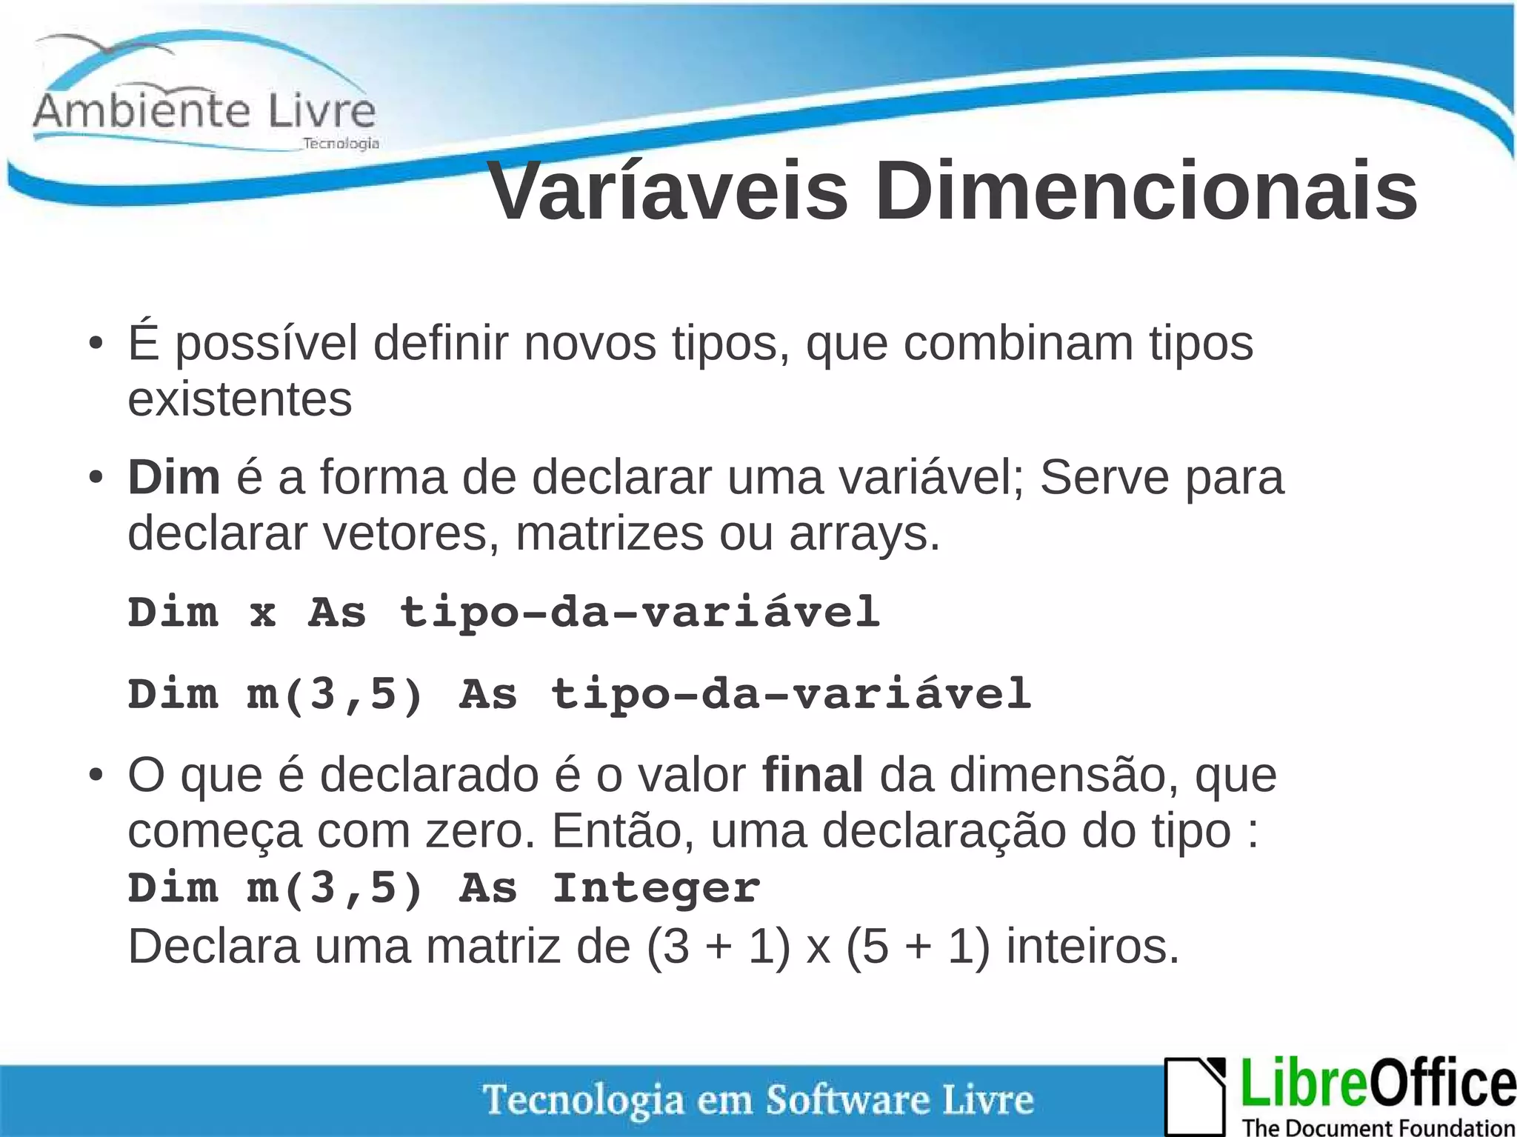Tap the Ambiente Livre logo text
(x=204, y=111)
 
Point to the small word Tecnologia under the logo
(x=341, y=143)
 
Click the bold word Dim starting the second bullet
(x=173, y=477)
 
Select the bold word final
(x=813, y=775)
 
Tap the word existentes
(x=239, y=399)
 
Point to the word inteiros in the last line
(x=1092, y=946)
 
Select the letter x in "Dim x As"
(x=262, y=613)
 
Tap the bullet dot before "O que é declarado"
(x=94, y=776)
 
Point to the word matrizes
(x=609, y=533)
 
